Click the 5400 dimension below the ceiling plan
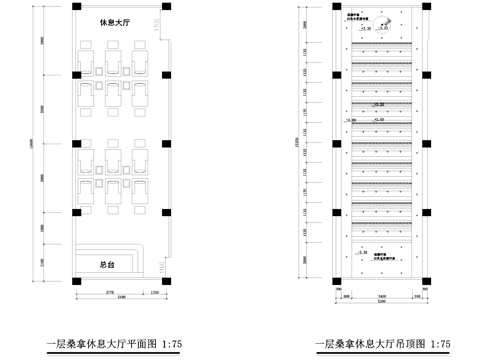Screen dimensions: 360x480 point(385,296)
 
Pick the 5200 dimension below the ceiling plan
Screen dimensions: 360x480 point(385,303)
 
